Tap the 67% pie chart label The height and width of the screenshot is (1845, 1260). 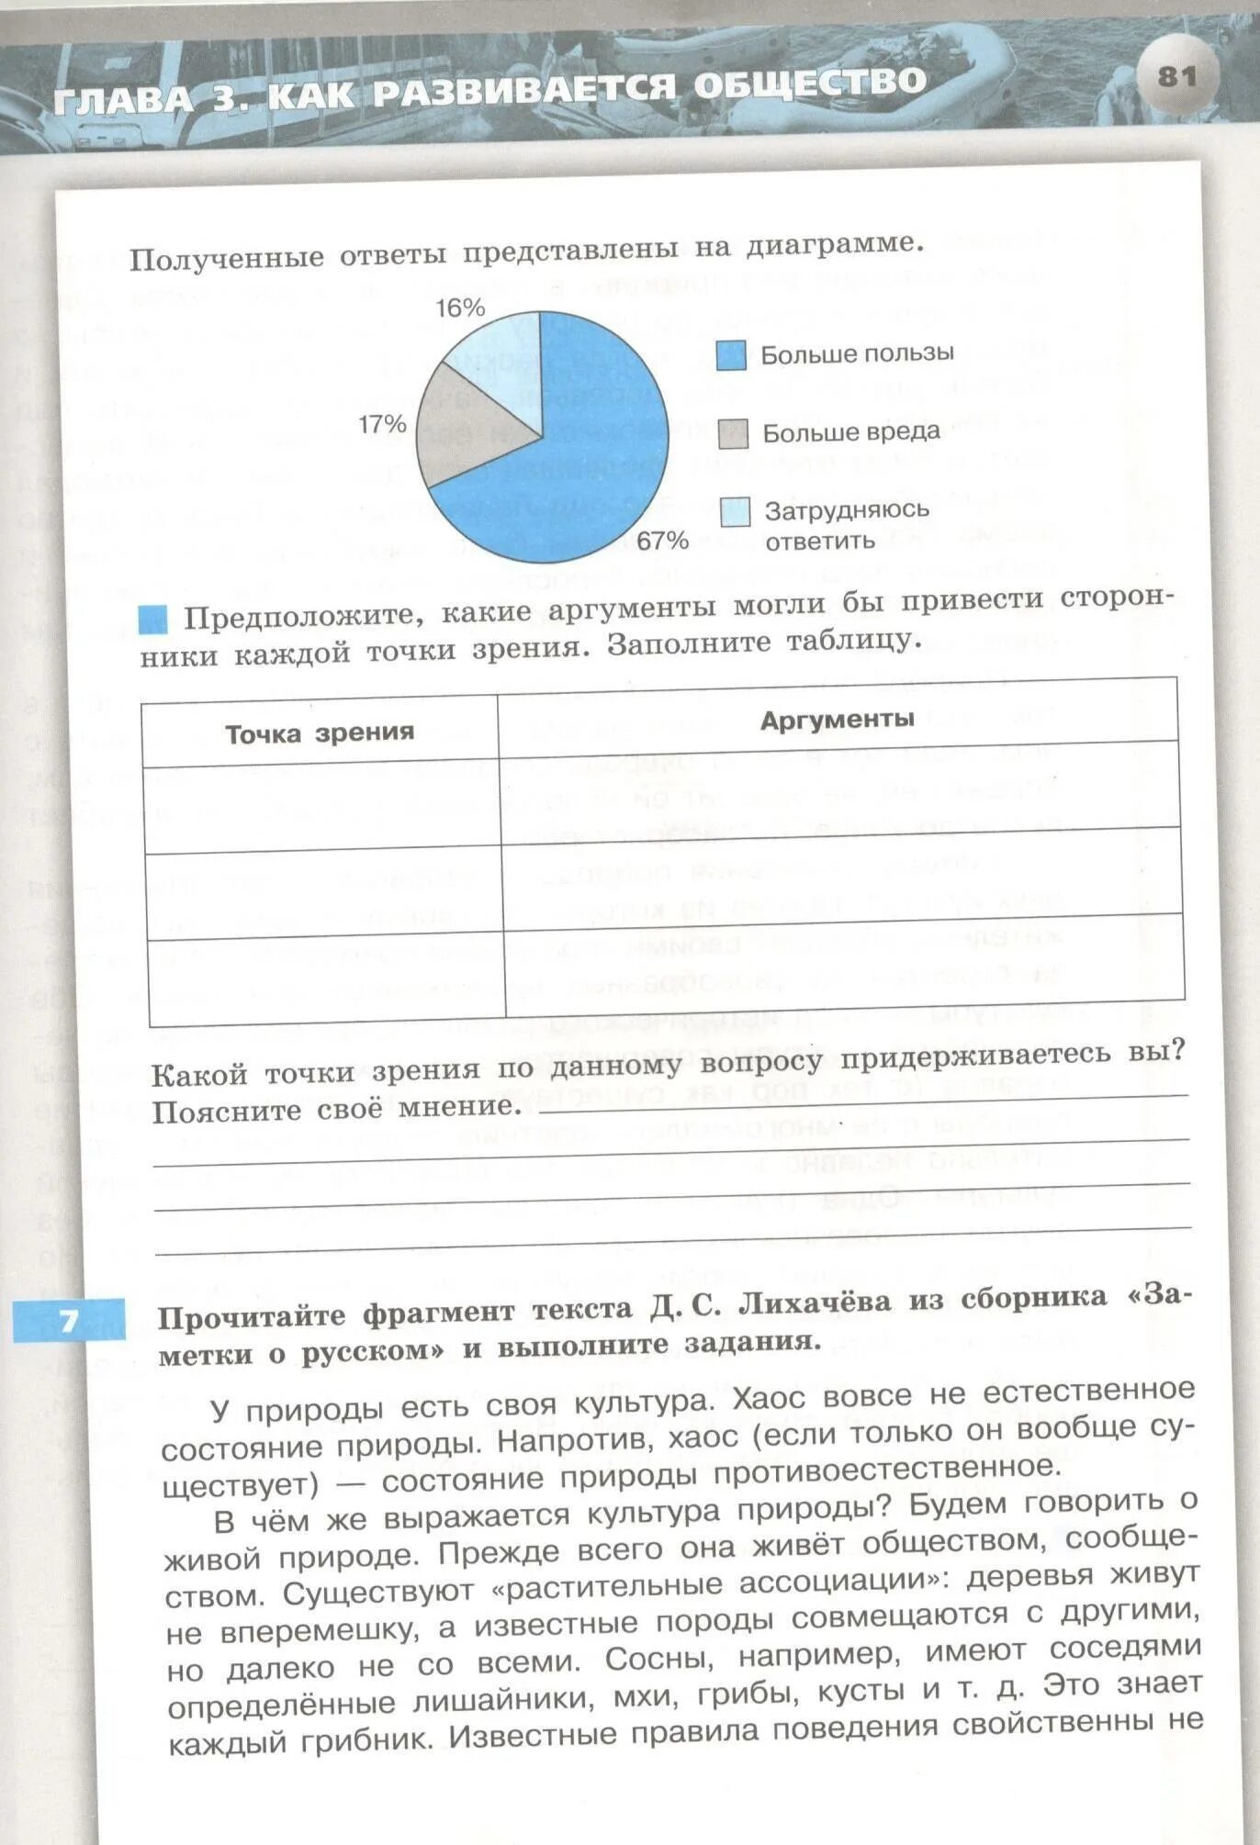tap(662, 541)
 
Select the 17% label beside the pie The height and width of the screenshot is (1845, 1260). tap(382, 424)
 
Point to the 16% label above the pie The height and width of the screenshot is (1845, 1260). tap(460, 308)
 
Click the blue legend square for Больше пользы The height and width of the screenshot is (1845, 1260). tap(731, 355)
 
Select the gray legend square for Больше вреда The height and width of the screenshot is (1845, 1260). tap(733, 434)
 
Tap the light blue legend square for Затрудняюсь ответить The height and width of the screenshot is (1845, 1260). tap(735, 512)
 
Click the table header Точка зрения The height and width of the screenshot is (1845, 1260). tap(320, 732)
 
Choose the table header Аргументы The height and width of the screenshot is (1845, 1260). tap(837, 720)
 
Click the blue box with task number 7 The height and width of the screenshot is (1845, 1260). tap(70, 1321)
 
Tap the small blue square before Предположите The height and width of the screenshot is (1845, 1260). tap(152, 620)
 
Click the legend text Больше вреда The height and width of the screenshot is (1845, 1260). tap(851, 432)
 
